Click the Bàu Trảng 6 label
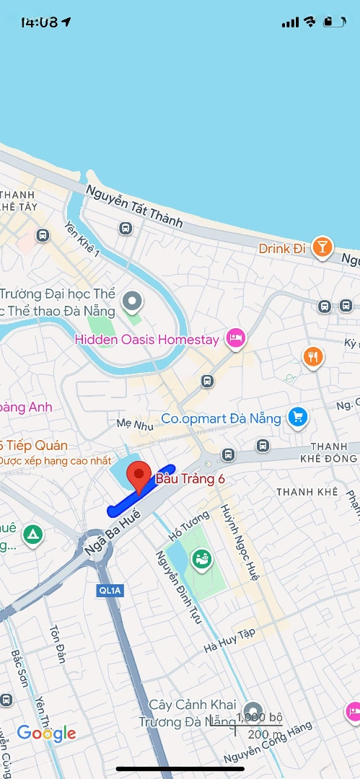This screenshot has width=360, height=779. [190, 479]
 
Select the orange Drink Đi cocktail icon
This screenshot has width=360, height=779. [322, 248]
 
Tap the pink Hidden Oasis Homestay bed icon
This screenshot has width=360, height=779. [234, 338]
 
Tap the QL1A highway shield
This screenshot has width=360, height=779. [110, 591]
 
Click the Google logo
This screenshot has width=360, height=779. [47, 734]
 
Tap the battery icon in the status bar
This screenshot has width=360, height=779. [334, 22]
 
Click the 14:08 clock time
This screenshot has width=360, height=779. [39, 22]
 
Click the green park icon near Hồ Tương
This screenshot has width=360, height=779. [201, 558]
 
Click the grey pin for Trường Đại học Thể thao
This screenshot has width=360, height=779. [132, 300]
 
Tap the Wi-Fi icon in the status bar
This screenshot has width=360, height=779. [309, 22]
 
